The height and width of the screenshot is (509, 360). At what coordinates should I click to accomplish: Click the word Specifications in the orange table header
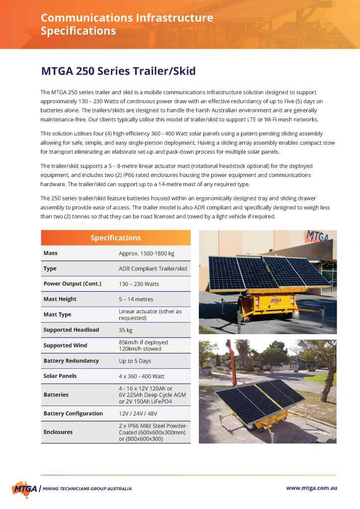tap(115, 238)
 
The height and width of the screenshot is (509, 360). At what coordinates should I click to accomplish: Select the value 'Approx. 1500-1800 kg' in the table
tap(146, 253)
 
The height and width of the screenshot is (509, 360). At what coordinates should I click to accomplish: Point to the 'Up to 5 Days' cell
tap(135, 361)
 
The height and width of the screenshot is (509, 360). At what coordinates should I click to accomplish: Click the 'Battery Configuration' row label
tap(73, 414)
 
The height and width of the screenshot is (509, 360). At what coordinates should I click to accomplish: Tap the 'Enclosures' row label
tap(58, 432)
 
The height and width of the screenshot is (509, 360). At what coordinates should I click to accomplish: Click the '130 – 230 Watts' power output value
tap(139, 284)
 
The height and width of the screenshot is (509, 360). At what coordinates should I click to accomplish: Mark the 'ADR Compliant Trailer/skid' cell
tap(153, 268)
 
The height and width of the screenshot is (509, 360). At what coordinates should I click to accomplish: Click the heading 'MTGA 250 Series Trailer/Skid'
tap(118, 71)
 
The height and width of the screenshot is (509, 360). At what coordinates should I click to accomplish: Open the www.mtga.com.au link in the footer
tap(311, 488)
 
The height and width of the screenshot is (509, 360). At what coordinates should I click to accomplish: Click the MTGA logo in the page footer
tap(24, 488)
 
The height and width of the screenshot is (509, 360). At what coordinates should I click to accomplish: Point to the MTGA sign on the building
tap(316, 236)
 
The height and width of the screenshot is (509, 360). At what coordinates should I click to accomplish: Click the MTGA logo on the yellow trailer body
tap(275, 300)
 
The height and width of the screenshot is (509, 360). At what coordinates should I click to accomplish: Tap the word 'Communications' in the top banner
tap(84, 18)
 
